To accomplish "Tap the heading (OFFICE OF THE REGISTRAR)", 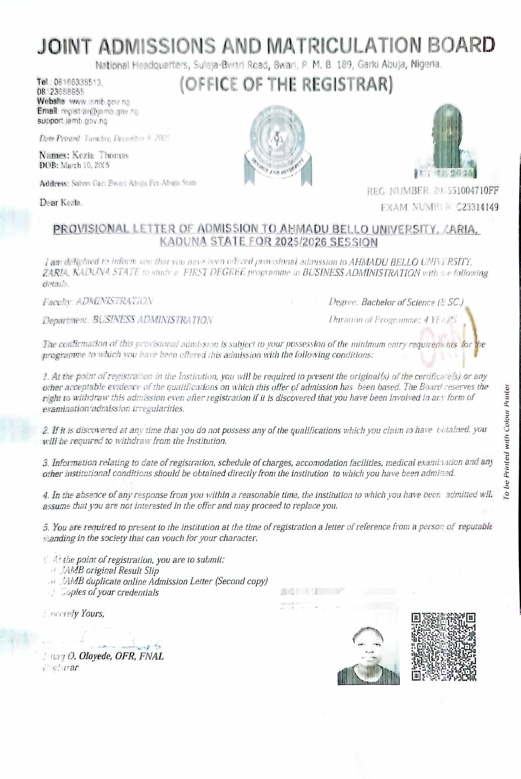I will point(286,84).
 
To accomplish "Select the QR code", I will point(444,646).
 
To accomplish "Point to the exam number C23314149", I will point(477,207).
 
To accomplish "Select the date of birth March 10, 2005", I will point(85,166).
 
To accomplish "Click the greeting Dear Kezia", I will point(61,203).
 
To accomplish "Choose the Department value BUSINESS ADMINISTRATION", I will point(153,320).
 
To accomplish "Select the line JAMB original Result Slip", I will point(109,570).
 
